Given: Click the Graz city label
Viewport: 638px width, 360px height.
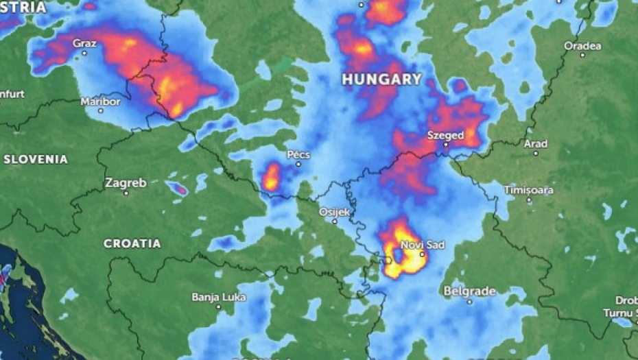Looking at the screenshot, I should click(84, 43).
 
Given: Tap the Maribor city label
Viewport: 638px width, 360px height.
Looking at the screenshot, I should click(100, 101).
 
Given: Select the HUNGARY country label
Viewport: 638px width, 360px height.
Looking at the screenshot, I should click(381, 80).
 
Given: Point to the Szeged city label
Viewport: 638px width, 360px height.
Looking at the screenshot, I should click(445, 135).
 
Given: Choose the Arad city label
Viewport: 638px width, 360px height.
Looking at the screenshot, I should click(535, 144).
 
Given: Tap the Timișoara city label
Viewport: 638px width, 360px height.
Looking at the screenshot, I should click(528, 190).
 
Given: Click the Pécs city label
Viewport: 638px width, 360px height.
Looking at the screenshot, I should click(298, 155).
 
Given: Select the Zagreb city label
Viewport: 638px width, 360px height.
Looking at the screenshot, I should click(126, 183).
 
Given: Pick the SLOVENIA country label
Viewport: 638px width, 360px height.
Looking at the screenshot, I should click(36, 159).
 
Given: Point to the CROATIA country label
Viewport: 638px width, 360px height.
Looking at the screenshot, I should click(132, 243).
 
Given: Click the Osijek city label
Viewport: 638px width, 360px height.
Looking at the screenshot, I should click(335, 212).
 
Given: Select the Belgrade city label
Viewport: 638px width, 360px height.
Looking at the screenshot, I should click(469, 291).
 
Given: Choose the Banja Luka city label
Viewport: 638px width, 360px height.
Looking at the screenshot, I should click(218, 297).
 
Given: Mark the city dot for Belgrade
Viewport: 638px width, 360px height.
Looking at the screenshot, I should click(469, 301).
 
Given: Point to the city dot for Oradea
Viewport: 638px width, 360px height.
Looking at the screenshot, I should click(582, 55).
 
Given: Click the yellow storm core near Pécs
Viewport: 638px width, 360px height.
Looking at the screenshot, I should click(271, 178).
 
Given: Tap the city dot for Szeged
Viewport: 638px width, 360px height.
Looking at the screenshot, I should click(445, 145).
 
